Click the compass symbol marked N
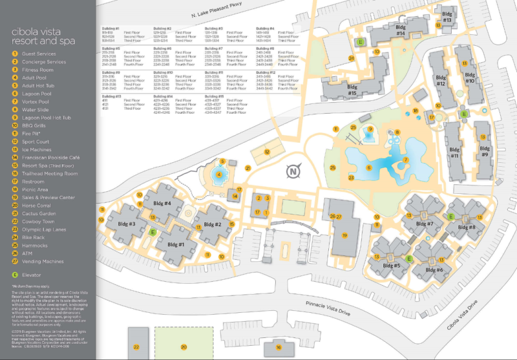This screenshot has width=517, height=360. [x=293, y=171]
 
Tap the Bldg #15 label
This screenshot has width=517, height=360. [x=352, y=90]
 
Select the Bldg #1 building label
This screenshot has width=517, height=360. [x=176, y=244]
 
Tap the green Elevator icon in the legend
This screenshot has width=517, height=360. [x=14, y=273]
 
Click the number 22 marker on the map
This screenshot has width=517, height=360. [x=136, y=346]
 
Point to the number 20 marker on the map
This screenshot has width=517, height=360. [x=184, y=346]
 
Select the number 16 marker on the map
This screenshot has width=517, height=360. [x=279, y=347]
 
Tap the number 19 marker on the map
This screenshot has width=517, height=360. [x=345, y=235]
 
